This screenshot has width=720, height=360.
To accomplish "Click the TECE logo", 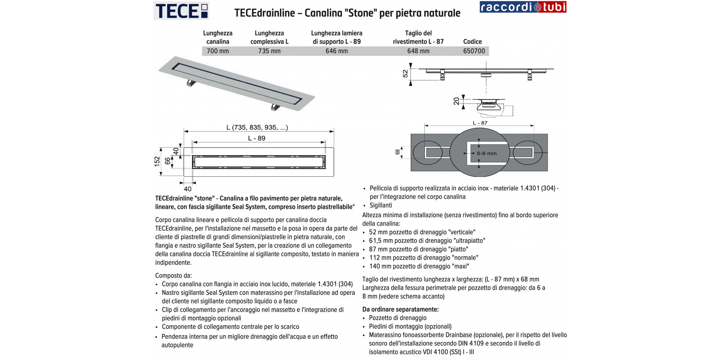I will click(181, 11).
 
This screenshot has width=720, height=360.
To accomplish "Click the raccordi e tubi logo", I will click(523, 7).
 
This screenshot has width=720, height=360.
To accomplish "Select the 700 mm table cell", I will click(218, 51).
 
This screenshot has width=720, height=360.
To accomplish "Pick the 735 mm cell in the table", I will click(269, 51).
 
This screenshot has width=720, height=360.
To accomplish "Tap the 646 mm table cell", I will click(336, 51).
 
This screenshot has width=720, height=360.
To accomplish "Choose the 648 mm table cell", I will click(418, 51).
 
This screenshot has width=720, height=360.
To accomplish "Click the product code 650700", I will click(474, 51).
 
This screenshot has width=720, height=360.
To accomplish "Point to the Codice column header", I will click(472, 42).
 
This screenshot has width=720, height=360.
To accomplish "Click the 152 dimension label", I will click(157, 161).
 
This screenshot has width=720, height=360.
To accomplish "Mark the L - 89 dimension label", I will click(257, 138).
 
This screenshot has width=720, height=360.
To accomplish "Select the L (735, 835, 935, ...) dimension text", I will click(257, 128).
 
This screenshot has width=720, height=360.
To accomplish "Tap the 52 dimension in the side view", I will click(406, 74).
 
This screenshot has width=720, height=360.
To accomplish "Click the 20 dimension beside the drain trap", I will click(457, 101).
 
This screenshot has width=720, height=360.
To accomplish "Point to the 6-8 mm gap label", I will click(486, 153).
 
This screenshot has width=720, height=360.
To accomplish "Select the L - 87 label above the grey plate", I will click(480, 123).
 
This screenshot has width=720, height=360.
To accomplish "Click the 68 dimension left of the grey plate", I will click(398, 152).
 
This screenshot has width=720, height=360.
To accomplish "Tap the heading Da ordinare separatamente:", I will click(400, 309).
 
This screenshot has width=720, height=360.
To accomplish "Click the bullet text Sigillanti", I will click(381, 205).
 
